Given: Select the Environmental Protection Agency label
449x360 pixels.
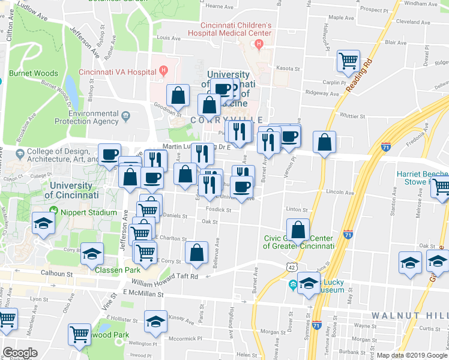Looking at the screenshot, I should tap(94, 117).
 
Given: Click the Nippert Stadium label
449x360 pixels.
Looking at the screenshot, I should tap(88, 212).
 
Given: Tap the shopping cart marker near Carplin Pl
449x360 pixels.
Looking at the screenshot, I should tap(348, 61).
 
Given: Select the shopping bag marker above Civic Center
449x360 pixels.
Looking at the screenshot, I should tap(298, 230).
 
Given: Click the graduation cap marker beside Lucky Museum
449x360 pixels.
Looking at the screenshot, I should tap(309, 283).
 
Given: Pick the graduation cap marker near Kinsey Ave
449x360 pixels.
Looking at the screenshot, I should tap(156, 321).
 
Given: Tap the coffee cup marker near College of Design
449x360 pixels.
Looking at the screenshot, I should tap(110, 155).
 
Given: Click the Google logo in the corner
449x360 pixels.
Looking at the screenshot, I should tap(20, 353).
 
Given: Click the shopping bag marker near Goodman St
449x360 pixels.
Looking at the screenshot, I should tap(178, 95).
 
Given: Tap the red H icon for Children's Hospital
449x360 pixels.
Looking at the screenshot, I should tap(259, 44).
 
